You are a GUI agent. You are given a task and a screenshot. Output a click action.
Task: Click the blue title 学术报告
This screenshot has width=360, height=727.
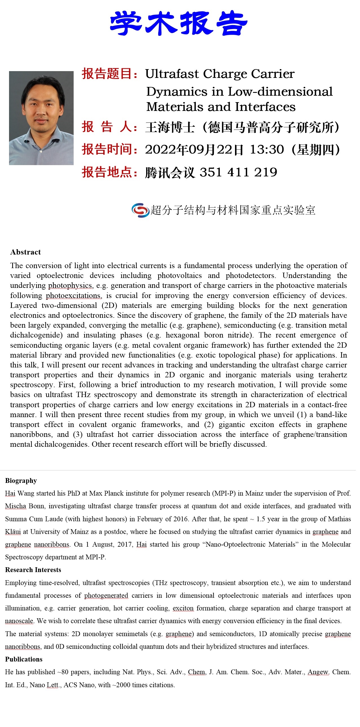coord(179,23)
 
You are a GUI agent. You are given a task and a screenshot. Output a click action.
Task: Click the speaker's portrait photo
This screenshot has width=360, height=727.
coord(41,118)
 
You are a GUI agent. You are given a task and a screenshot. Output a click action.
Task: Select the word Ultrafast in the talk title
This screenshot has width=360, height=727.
coord(172,74)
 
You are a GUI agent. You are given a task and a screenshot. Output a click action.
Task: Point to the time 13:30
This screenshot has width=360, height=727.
coord(267,150)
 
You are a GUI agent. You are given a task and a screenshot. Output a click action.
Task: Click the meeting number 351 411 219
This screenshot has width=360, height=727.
coord(238,172)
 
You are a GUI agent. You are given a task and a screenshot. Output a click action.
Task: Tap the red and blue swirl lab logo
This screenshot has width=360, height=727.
coord(140,210)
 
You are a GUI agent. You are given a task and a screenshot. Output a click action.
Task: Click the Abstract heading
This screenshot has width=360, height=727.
coord(25,252)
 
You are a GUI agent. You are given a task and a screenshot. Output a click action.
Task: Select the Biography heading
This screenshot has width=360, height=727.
coord(21,481)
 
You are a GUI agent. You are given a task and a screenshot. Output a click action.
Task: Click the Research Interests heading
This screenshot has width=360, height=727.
coord(33,570)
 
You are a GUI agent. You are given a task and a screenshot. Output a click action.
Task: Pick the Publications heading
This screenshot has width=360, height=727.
coord(24,659)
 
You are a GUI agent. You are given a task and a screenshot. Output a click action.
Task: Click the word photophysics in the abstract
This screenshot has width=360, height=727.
coord(70,285)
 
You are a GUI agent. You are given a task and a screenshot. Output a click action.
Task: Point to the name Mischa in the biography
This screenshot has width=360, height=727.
coord(16,506)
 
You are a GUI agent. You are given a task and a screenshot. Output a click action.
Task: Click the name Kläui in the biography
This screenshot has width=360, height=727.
coord(13,532)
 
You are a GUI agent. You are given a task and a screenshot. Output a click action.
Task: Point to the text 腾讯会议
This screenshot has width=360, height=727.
coord(170,172)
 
